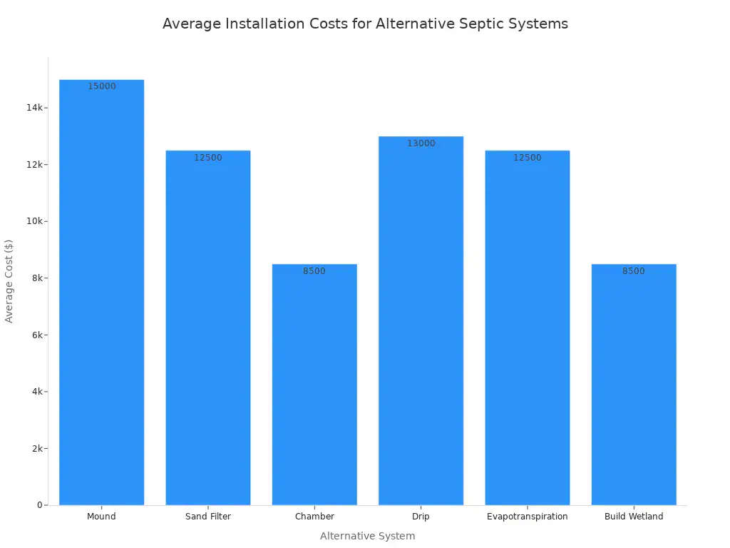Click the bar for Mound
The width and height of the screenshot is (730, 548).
coord(101,293)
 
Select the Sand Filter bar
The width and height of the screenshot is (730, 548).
coord(208,328)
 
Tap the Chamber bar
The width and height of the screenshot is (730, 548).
coord(314,385)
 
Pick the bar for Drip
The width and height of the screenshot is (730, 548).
coord(421,320)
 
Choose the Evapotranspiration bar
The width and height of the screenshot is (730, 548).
coord(528,328)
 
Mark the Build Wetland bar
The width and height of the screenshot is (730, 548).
coord(634,385)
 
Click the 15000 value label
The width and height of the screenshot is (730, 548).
coord(102,86)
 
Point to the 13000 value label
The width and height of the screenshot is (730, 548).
coord(421,143)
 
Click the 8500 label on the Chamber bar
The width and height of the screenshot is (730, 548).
coord(314,271)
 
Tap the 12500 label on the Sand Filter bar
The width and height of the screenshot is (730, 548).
coord(208,158)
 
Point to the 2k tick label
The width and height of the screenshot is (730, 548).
coord(37,449)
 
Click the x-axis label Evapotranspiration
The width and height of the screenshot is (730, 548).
coord(528,517)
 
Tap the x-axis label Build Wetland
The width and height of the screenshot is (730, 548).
coord(634,517)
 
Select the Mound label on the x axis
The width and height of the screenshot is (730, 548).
coord(101,517)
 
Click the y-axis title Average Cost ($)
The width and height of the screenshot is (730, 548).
coord(9,281)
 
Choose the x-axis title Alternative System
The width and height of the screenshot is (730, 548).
coord(367,536)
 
